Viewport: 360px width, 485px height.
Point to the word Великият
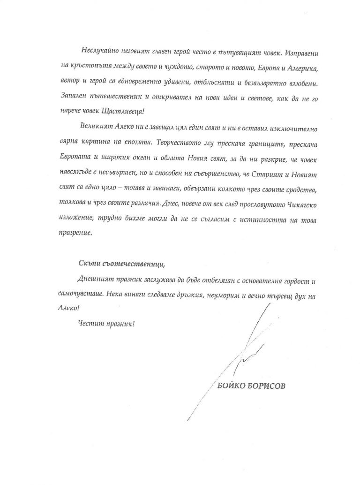coord(98,126)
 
